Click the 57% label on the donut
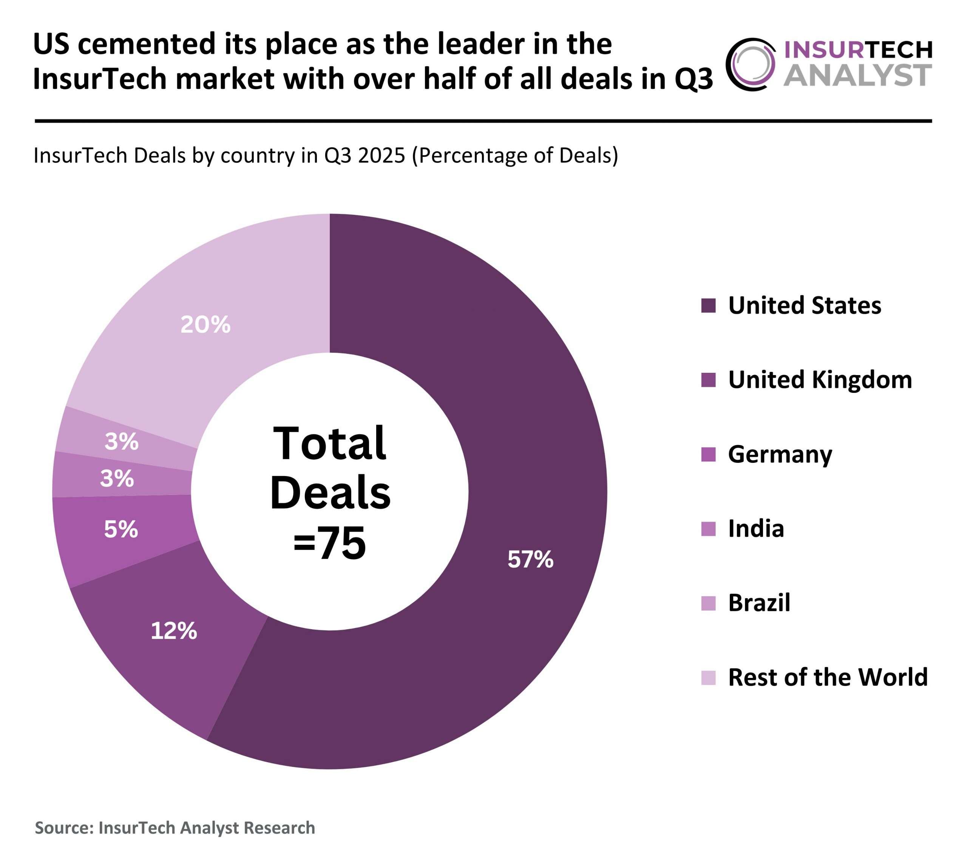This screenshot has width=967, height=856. [530, 560]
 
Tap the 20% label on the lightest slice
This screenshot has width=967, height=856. [205, 325]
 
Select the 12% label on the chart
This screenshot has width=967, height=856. [174, 631]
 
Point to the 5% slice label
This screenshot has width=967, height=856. [121, 529]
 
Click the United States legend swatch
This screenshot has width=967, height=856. [708, 305]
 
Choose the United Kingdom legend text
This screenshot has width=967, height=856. [820, 380]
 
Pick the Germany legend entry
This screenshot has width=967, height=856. [780, 454]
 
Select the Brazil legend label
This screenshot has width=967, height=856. [759, 603]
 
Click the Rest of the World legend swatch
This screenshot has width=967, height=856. [708, 678]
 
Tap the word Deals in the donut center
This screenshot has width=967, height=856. [330, 493]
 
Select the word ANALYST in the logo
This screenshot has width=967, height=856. [858, 75]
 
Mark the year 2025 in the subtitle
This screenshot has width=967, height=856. [381, 155]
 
